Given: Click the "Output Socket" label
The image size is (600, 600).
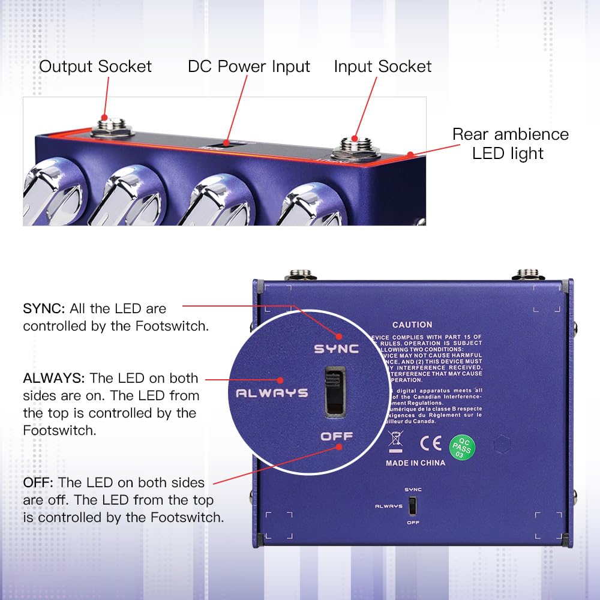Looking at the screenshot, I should coord(95,66).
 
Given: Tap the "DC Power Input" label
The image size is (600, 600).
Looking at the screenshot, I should coord(249,66).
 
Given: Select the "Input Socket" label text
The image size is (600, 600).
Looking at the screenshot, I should coord(383,66).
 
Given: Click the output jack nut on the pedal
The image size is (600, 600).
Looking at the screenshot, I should coord(112,127).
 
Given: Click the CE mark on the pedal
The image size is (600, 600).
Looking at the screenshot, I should coord(431,443).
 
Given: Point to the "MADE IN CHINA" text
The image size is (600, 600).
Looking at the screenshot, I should coord(415,463).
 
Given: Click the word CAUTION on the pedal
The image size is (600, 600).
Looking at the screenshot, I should coord(412,325).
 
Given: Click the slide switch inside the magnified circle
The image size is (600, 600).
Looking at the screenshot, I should coord(335,391).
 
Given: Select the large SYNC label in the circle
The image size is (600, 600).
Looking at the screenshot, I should coord(337,349).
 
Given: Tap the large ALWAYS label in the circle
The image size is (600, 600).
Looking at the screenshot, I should coord(272,394).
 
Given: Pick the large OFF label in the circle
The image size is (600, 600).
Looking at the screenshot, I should coord(337,436).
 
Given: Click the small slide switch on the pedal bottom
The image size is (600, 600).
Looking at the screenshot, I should coord(412,507).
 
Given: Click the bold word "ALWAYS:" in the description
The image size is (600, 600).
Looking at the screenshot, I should coord(55,378).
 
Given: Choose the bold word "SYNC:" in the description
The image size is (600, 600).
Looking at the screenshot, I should coord(44,309).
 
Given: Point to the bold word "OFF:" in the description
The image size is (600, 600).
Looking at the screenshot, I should coord(38,482).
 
